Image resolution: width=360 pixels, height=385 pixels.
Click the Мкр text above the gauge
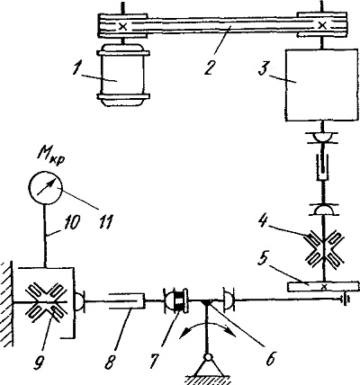(50, 158)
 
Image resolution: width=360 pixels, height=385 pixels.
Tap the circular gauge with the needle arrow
(45, 188)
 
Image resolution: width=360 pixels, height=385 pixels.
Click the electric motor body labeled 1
(123, 75)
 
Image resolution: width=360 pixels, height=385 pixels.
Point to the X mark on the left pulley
(123, 26)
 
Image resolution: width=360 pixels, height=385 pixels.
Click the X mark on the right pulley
(322, 26)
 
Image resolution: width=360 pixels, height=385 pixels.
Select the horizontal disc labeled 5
(323, 286)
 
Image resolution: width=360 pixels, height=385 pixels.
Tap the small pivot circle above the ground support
(207, 358)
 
